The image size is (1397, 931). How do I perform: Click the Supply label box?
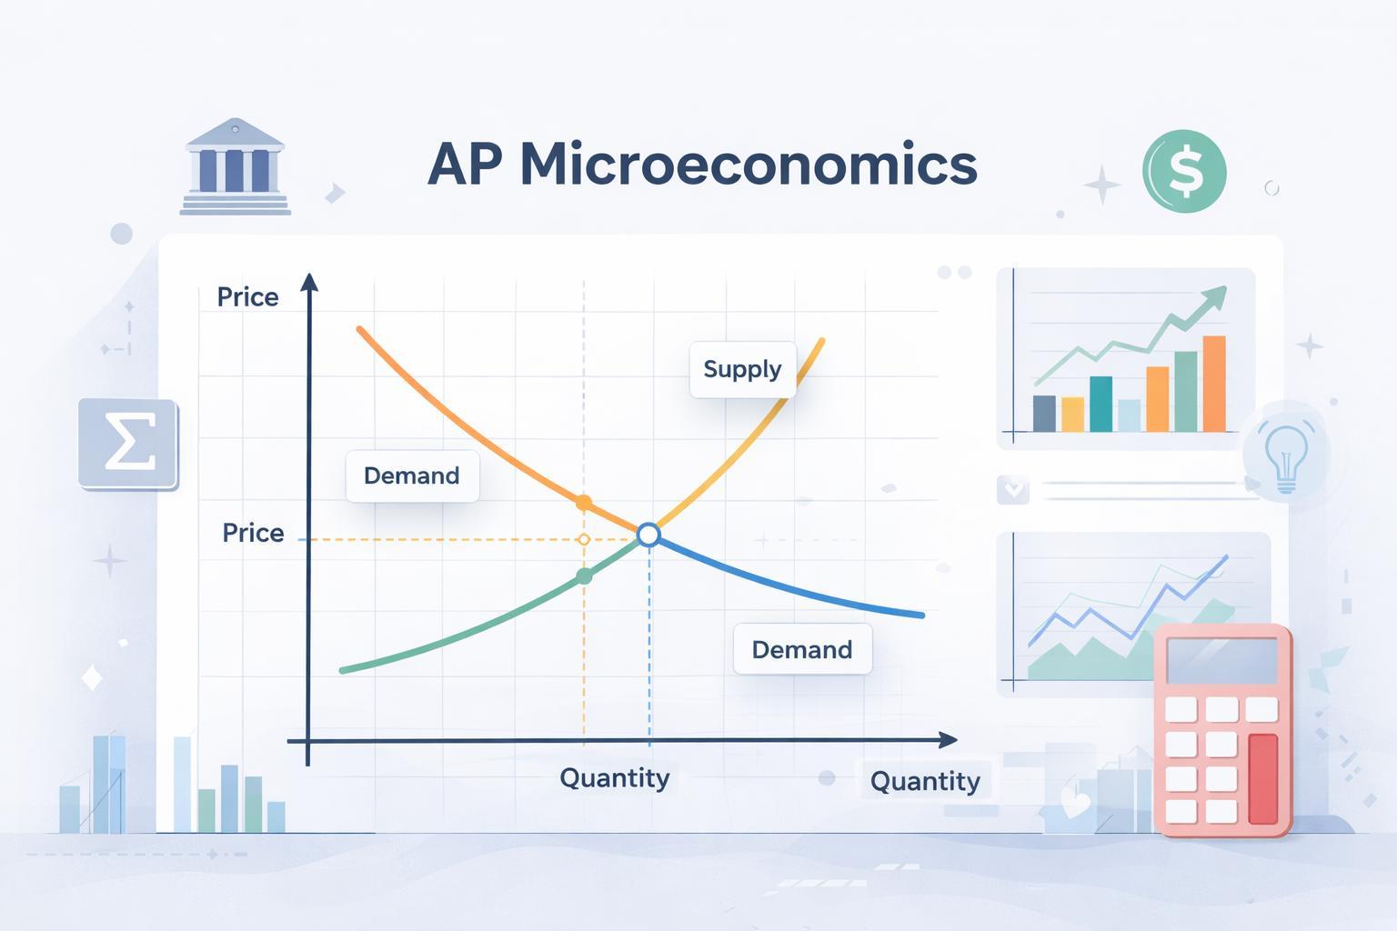pos(742,369)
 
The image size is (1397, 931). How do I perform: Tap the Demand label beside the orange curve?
pos(412,476)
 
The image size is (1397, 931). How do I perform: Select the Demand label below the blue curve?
pos(802,649)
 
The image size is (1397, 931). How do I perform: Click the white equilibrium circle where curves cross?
pos(648,535)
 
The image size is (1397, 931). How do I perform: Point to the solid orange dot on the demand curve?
pos(583,502)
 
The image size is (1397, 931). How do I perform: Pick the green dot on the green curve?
pos(585,576)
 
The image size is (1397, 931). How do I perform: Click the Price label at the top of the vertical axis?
pos(247,296)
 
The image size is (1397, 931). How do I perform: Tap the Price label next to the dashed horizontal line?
pos(253,533)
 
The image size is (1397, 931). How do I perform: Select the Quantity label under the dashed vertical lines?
pos(614,778)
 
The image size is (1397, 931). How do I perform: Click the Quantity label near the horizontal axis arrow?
pos(925,781)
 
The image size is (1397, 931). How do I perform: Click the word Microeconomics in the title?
pos(749,165)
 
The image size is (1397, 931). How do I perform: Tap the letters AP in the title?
pos(466,165)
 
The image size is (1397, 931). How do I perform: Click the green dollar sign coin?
pos(1184,172)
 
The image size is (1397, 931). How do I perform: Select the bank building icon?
pos(236,166)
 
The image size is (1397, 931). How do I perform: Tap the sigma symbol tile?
pos(128,444)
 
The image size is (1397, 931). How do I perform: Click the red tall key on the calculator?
pos(1263,779)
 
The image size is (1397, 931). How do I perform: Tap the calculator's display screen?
pos(1221,661)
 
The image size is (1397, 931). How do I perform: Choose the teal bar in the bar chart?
pos(1101,404)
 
